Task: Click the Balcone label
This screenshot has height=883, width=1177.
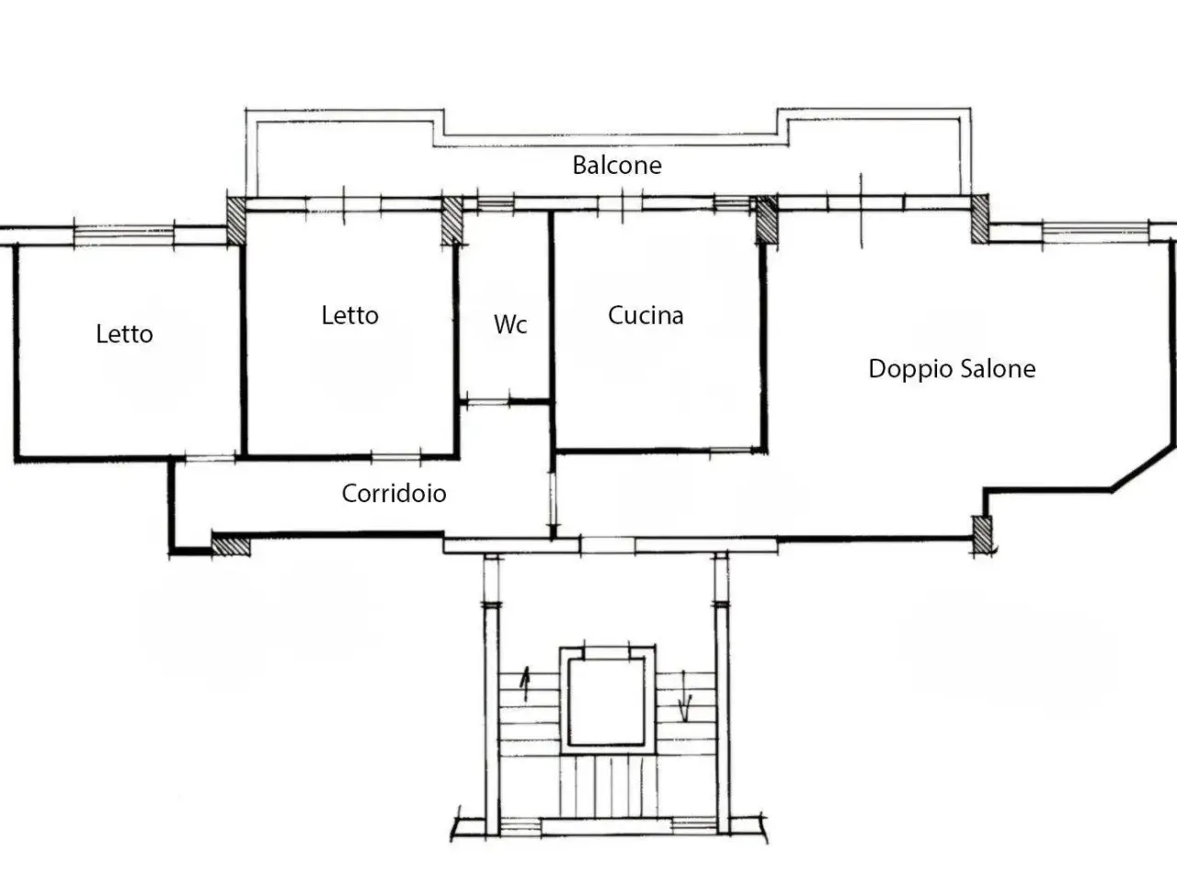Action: click(x=617, y=165)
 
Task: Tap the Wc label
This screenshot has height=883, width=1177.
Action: click(x=510, y=324)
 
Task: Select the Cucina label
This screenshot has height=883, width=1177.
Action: click(x=646, y=315)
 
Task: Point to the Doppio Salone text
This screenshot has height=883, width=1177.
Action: click(x=952, y=369)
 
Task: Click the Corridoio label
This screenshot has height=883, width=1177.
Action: click(x=394, y=493)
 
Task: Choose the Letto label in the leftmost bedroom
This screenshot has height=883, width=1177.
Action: click(x=124, y=334)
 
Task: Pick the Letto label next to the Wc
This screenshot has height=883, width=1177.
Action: click(x=349, y=315)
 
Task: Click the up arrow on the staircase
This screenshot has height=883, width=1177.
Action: click(x=526, y=683)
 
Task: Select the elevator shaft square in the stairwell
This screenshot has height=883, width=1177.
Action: click(x=608, y=701)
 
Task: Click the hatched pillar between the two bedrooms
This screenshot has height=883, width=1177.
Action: click(x=236, y=221)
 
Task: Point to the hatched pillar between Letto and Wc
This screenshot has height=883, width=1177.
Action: click(x=451, y=221)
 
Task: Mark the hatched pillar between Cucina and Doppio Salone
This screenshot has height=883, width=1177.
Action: click(x=766, y=219)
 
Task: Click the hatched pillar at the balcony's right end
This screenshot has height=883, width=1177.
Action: click(x=980, y=219)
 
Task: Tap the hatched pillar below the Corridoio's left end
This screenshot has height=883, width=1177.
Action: click(x=231, y=545)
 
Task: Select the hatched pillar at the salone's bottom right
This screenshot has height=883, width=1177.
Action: click(x=982, y=534)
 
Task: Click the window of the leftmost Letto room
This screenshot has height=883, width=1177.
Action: click(x=124, y=235)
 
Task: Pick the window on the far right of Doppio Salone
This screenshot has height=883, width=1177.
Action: click(x=1095, y=232)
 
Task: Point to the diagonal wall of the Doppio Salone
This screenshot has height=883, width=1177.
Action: click(x=1143, y=467)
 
